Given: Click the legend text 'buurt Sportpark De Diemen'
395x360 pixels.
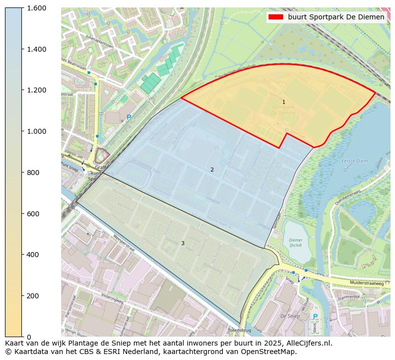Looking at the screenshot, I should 336,17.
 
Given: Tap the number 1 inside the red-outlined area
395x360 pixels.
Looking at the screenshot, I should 284,102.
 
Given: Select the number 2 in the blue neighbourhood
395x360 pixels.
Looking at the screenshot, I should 212,170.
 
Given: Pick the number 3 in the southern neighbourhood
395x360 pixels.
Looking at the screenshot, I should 183,243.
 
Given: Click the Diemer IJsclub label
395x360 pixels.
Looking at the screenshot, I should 296,242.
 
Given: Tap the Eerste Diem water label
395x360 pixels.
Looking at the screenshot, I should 354,162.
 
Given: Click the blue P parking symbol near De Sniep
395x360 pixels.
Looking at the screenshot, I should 314,317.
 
